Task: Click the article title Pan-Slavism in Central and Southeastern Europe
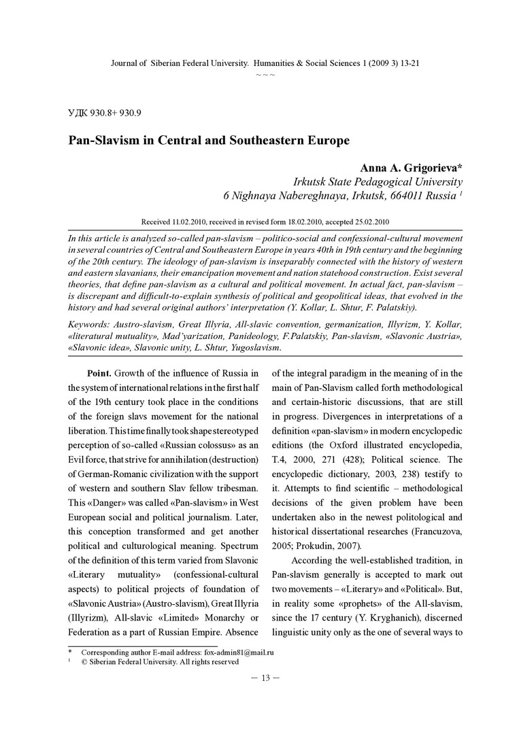(x=208, y=141)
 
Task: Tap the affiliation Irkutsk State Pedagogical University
(x=378, y=182)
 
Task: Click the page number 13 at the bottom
(x=265, y=678)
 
